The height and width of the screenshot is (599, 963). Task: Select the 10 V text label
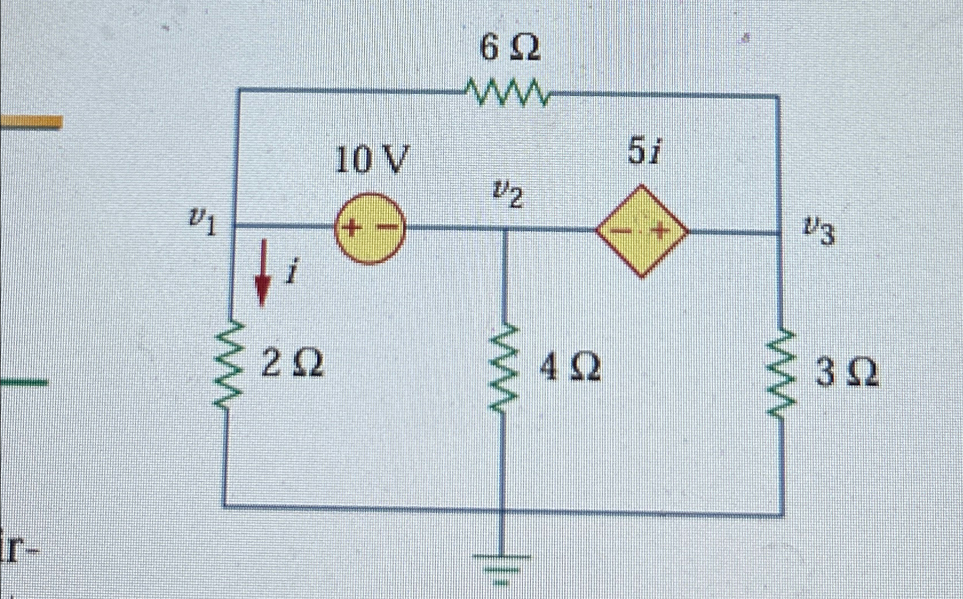tap(372, 160)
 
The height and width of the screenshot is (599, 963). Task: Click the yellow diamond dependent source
tap(642, 231)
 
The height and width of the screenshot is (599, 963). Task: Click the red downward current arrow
tap(263, 272)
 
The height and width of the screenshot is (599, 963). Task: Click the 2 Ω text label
tap(292, 363)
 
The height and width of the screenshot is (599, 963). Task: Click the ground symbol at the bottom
tap(501, 567)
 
